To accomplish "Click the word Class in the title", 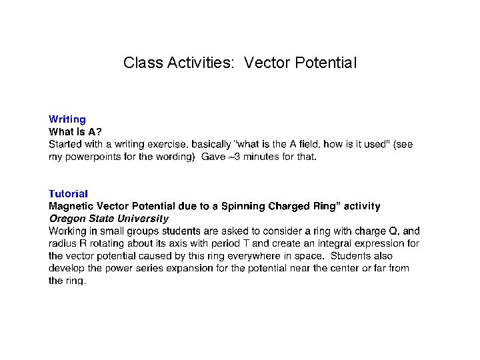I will (139, 63).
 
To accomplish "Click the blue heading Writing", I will (67, 119).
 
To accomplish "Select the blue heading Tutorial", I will (68, 194).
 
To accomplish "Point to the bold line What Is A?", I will (75, 132).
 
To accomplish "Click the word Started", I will (66, 144).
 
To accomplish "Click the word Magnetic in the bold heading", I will (72, 207).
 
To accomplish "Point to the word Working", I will (69, 231).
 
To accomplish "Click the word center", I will (347, 269).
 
